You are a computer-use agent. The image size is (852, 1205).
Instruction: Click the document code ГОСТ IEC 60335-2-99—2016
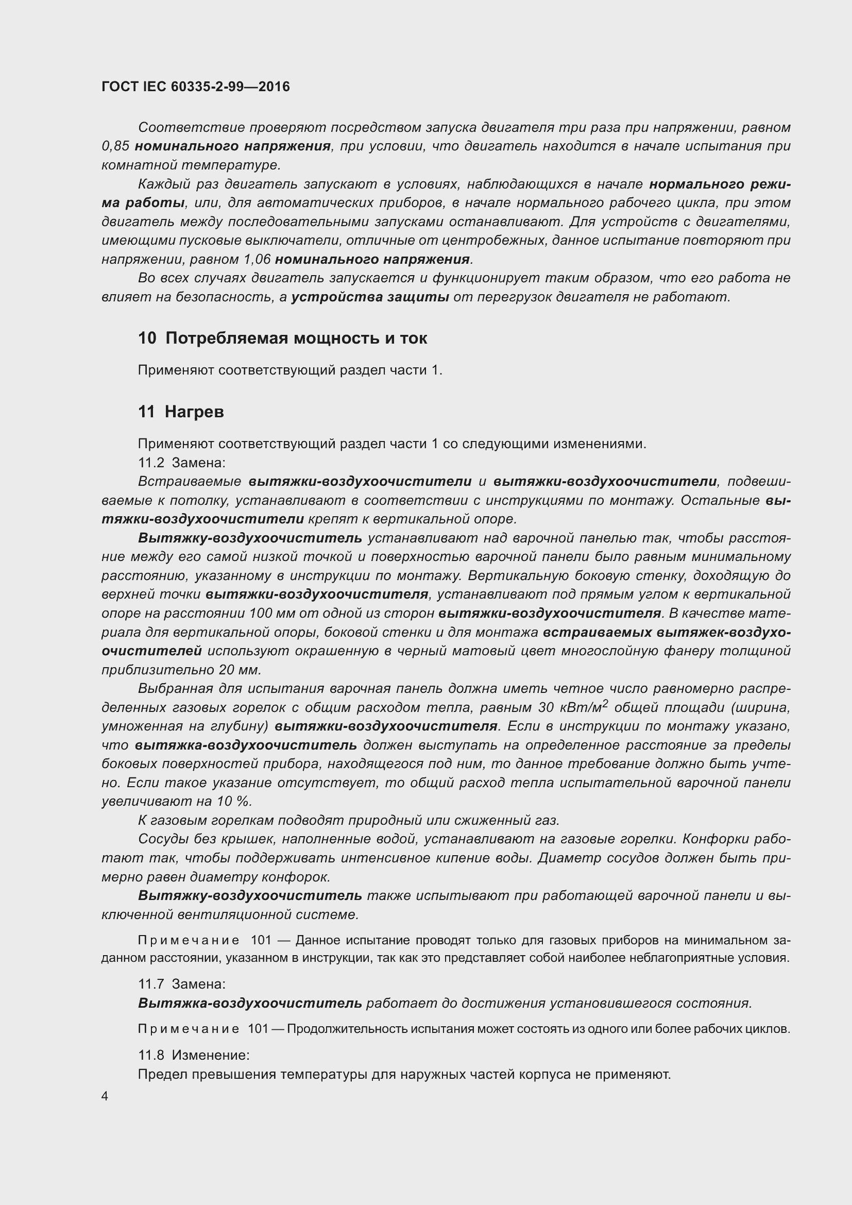(195, 87)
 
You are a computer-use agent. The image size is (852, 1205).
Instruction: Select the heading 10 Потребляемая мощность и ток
(282, 338)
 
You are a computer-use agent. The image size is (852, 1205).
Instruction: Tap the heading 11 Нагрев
(181, 412)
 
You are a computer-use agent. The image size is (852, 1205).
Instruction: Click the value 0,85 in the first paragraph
(115, 146)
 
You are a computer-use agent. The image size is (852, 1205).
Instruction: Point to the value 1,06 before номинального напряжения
(257, 259)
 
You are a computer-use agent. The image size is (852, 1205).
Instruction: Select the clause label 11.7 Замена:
(181, 983)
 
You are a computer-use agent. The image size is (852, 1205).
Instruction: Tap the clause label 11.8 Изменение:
(194, 1055)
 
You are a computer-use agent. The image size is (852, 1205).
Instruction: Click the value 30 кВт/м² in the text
(572, 707)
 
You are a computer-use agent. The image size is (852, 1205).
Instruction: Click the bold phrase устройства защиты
(370, 297)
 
